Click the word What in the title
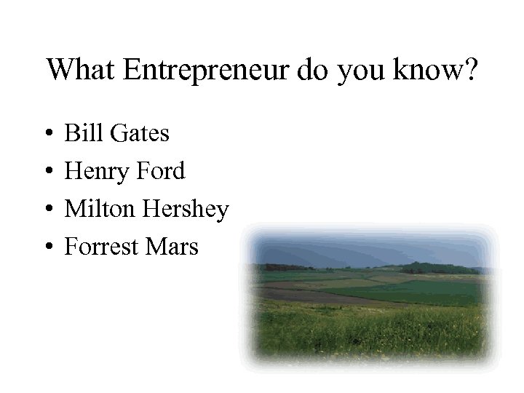tap(81, 70)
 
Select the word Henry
tap(94, 171)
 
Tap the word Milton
tap(100, 209)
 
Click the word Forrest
tap(100, 247)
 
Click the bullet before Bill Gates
tap(47, 134)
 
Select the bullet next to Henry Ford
tap(47, 172)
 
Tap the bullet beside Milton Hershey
tap(47, 210)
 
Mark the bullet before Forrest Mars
tap(47, 247)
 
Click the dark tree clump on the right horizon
tap(437, 268)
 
